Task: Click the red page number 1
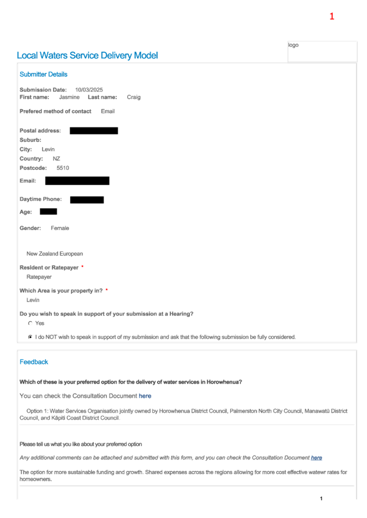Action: (x=332, y=16)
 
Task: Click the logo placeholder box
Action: (x=322, y=51)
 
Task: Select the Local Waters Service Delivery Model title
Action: (x=87, y=56)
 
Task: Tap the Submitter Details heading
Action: (x=43, y=74)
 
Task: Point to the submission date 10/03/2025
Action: (x=89, y=90)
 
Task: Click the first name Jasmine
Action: (x=69, y=97)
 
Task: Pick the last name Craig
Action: (x=133, y=97)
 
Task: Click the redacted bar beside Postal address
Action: (x=94, y=131)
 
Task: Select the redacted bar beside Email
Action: (x=77, y=181)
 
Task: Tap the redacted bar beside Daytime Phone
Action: (x=87, y=199)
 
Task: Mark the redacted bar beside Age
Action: (x=48, y=211)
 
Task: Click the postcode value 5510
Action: (x=63, y=168)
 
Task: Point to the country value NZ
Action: (x=56, y=159)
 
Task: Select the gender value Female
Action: (x=60, y=228)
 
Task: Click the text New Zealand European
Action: (x=55, y=254)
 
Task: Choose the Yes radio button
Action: (x=30, y=323)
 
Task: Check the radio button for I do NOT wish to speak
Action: (x=30, y=337)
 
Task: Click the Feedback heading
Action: (x=34, y=362)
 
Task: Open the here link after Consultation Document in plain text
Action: (x=145, y=396)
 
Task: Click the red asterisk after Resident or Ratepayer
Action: (x=82, y=266)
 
